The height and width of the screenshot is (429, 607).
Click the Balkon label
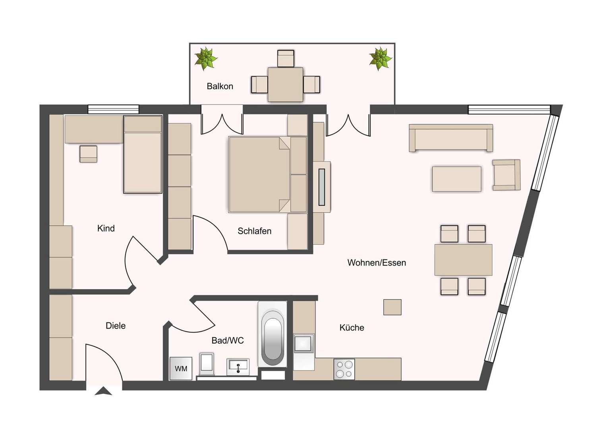coord(220,86)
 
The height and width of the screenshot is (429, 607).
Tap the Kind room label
coord(106,228)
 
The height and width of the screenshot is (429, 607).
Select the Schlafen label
coord(254,231)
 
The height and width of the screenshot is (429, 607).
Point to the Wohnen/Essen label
coord(376,263)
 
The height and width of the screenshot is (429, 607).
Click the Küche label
coord(352,328)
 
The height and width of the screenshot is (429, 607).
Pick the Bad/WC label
coord(227,340)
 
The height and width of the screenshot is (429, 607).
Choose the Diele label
coord(115,326)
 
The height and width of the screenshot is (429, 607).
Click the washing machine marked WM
coord(181,369)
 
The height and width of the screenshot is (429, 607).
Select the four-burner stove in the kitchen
coord(344,369)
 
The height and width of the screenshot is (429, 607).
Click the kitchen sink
coord(303,343)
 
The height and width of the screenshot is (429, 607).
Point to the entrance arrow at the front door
coord(103,391)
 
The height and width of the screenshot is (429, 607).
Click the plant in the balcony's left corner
coord(206,58)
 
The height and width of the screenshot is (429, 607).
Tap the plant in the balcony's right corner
coord(380,58)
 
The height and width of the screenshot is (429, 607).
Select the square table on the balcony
coord(285,84)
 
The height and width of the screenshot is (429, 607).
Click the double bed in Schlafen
coord(259,174)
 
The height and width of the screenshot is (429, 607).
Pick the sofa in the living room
coord(451,138)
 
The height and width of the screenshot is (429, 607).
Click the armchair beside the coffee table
coord(506,175)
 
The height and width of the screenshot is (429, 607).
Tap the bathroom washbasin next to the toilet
coord(238,366)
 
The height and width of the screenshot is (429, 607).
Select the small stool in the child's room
coord(88,154)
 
